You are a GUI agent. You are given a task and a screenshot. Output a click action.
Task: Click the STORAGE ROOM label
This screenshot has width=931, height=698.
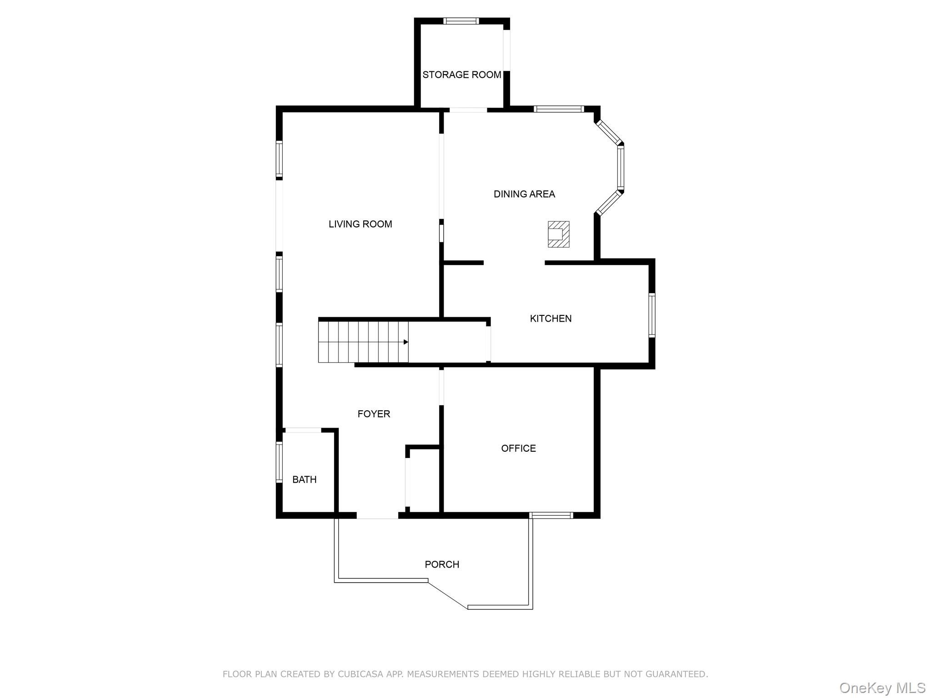pos(461,75)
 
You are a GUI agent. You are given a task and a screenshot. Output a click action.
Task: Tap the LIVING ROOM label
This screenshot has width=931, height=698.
pos(360,224)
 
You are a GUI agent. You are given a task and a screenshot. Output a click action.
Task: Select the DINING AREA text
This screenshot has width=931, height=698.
pos(524,194)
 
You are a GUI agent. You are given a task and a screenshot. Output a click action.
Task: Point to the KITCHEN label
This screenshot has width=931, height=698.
pos(551,319)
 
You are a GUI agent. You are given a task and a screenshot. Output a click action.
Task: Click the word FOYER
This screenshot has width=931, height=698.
pos(374,414)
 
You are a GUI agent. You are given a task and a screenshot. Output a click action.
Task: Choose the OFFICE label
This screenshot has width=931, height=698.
pos(518,449)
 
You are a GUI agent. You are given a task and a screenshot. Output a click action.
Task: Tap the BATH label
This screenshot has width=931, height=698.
pos(304,479)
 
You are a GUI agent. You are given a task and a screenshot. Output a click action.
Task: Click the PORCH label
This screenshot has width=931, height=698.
pos(442,564)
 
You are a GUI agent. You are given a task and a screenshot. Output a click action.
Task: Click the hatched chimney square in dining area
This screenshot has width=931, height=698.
pos(558,234)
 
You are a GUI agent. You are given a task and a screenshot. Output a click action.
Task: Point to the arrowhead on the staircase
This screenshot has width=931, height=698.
pos(405,342)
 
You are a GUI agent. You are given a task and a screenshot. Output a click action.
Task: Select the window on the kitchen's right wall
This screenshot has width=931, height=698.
pos(651,315)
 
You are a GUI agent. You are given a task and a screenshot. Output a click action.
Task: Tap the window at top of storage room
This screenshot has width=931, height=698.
pos(461,21)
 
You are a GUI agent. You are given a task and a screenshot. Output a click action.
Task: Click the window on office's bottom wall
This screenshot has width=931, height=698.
pos(551,515)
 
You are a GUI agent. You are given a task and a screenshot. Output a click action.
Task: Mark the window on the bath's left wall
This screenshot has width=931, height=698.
pos(279,462)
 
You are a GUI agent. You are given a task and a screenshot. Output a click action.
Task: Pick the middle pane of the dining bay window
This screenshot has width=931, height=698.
pos(621,168)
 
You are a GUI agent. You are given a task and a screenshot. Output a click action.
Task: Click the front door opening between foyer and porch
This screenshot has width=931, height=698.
pos(377,515)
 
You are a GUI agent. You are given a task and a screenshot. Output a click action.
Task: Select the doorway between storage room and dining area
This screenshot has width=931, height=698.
pos(468,110)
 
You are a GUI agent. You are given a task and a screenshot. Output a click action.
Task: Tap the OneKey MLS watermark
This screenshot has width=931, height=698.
pos(882,688)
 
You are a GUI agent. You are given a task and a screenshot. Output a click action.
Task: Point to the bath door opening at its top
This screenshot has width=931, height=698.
pos(303,430)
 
